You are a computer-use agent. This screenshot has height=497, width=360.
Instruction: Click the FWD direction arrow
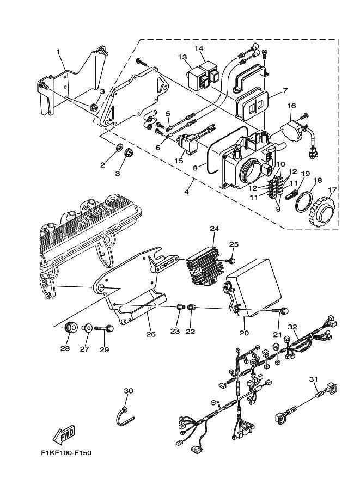pos(64,434)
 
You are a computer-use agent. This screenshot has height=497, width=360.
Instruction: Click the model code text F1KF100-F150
pos(66,453)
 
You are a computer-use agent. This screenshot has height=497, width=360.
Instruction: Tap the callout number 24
pos(215,229)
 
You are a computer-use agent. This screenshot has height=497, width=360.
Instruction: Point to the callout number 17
pos(332,190)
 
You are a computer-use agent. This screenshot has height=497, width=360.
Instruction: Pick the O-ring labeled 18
pos(303,202)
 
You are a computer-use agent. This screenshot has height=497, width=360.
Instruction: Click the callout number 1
pos(58,52)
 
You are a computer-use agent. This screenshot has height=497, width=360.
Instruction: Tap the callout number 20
pos(244,333)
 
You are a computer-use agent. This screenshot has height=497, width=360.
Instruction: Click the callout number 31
pos(313,379)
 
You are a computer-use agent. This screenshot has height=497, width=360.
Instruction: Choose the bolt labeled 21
pos(280,311)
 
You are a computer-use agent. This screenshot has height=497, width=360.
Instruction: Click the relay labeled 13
pos(198,78)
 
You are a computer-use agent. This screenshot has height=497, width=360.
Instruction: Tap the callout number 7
pos(285,91)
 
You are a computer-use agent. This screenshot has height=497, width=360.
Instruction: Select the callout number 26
pos(151,334)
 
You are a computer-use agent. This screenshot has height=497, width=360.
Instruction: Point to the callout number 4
pos(186,192)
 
